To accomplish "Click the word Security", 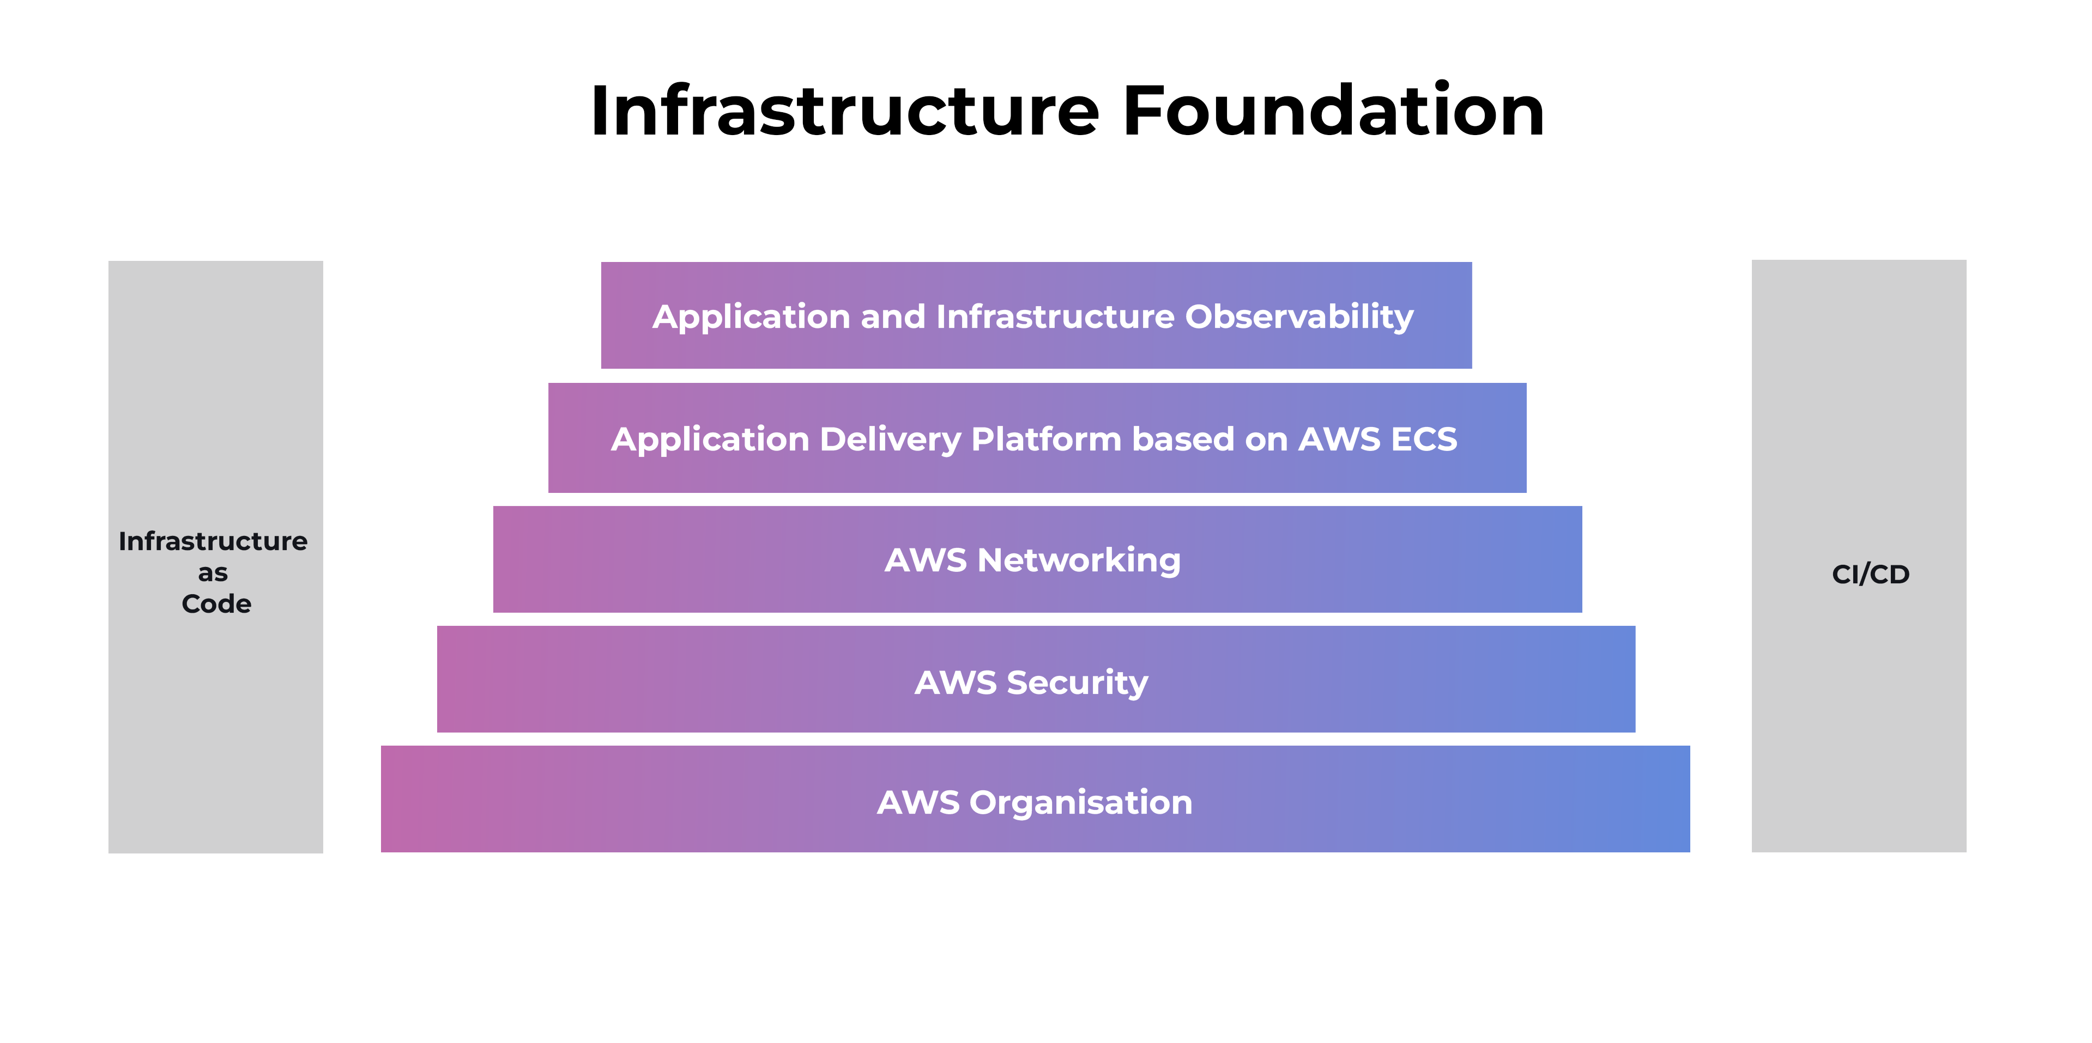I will [x=1077, y=682].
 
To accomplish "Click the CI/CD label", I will [x=1870, y=574].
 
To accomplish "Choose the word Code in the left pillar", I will [x=216, y=604].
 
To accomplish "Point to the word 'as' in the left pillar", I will [x=213, y=573].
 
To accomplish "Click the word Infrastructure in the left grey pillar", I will [x=213, y=541].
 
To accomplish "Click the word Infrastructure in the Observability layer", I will [x=1054, y=316].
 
